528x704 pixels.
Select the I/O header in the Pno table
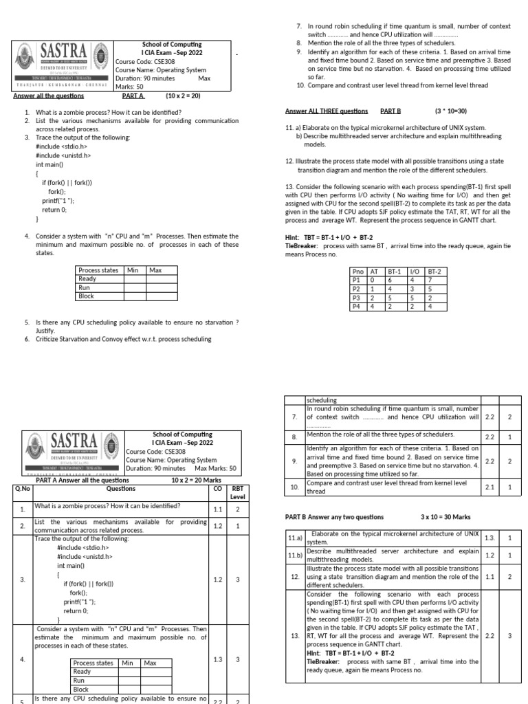(x=415, y=272)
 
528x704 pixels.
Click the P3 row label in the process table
(x=356, y=298)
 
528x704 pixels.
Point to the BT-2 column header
(x=434, y=272)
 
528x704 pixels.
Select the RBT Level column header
(x=237, y=492)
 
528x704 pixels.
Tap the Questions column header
(x=121, y=489)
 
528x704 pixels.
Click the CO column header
(x=217, y=489)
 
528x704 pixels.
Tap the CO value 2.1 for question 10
(x=489, y=487)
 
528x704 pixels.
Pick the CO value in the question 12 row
(x=489, y=577)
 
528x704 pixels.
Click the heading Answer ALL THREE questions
(x=327, y=110)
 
